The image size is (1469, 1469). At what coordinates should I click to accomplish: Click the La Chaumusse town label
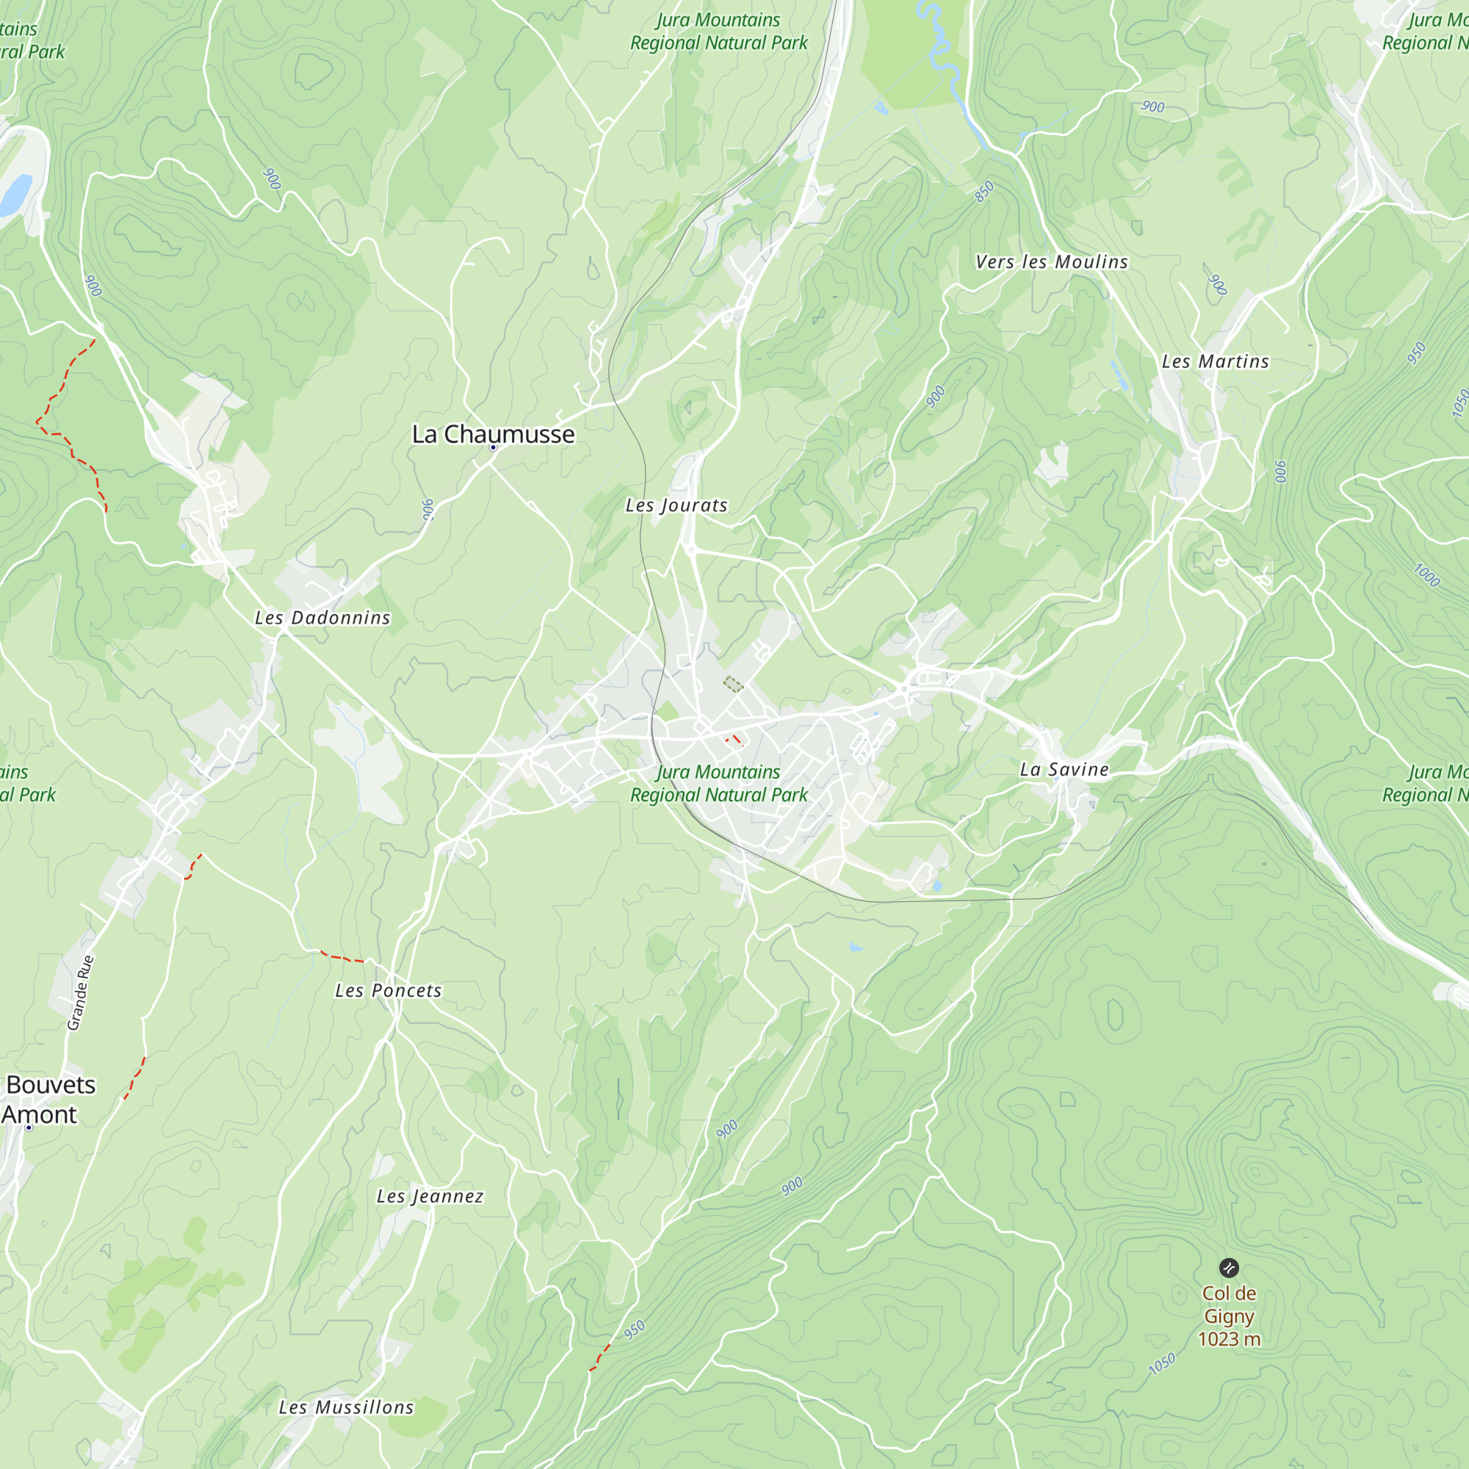click(x=493, y=434)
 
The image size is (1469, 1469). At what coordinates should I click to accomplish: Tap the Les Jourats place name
click(x=676, y=505)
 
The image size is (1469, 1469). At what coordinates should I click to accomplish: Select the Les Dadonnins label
click(x=322, y=618)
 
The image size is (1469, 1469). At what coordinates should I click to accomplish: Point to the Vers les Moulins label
click(x=1052, y=262)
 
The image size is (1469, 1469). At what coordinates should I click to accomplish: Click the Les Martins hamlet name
click(x=1215, y=362)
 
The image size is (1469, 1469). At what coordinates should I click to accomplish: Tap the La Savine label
click(x=1064, y=770)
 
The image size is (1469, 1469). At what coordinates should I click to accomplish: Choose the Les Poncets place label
click(x=389, y=991)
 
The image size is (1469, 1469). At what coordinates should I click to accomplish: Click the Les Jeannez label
click(x=430, y=1197)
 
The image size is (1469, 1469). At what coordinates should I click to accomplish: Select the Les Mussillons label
click(x=346, y=1408)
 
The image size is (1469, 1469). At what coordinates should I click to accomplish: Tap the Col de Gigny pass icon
click(x=1229, y=1268)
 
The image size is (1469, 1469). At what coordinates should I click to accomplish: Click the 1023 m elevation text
click(x=1229, y=1339)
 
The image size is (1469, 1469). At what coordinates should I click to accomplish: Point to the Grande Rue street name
click(x=81, y=993)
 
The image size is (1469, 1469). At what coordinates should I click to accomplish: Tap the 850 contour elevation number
click(x=984, y=192)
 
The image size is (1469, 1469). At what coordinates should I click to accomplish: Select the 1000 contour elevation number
click(x=1426, y=575)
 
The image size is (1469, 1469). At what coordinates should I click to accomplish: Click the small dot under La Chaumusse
click(x=493, y=448)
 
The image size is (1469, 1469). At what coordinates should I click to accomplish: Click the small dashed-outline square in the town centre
click(x=733, y=685)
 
